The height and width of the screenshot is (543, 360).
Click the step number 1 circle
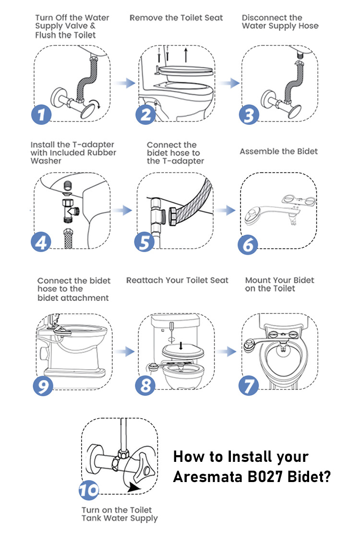41,114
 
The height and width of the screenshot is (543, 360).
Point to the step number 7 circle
249,385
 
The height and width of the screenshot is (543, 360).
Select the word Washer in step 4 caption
46,161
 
